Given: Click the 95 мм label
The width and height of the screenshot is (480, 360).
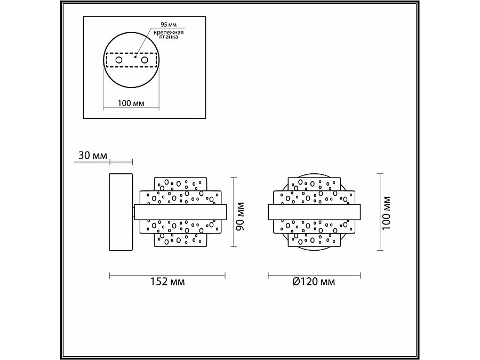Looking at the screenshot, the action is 169,25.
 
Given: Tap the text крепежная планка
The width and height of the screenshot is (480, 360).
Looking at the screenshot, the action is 169,35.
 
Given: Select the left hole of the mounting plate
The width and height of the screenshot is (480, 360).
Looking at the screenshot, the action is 119,60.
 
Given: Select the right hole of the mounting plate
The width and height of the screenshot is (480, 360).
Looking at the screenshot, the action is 145,60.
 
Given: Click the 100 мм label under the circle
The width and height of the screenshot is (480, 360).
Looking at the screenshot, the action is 131,103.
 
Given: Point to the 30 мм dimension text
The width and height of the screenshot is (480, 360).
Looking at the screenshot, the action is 93,156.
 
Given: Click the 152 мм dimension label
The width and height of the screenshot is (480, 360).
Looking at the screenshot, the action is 167,282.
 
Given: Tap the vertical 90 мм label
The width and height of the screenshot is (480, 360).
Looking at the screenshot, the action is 241,216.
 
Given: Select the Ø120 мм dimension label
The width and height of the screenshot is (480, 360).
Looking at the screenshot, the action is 314,282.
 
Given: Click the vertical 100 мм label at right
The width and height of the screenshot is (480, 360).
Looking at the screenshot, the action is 387,213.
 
